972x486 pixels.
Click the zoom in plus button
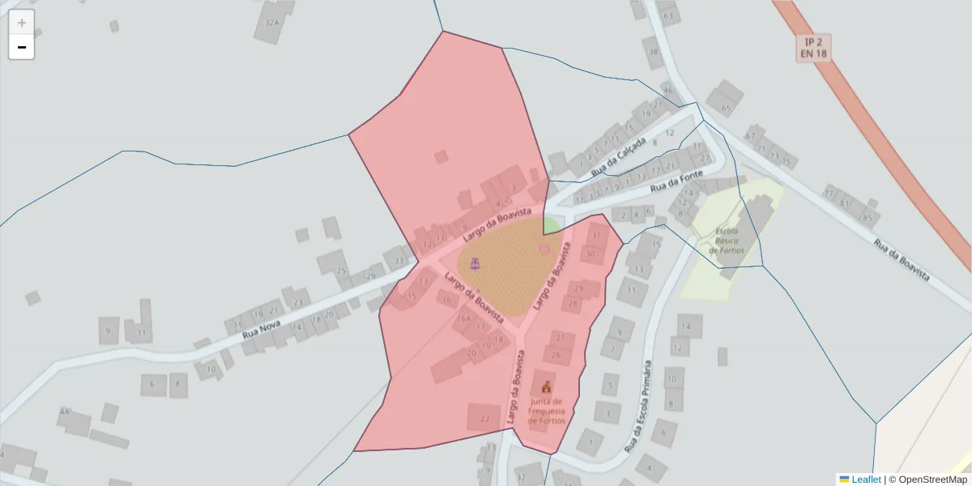pyautogui.click(x=22, y=23)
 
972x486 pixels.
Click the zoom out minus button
pyautogui.click(x=22, y=47)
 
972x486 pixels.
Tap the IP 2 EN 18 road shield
pyautogui.click(x=812, y=48)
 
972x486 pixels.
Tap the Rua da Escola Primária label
pyautogui.click(x=638, y=406)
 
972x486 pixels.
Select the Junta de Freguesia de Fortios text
pyautogui.click(x=547, y=411)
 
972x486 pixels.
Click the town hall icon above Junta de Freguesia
pyautogui.click(x=547, y=386)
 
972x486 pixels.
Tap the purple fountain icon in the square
pyautogui.click(x=475, y=262)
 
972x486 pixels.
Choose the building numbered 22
pyautogui.click(x=484, y=418)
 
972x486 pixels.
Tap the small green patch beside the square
pyautogui.click(x=551, y=224)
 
